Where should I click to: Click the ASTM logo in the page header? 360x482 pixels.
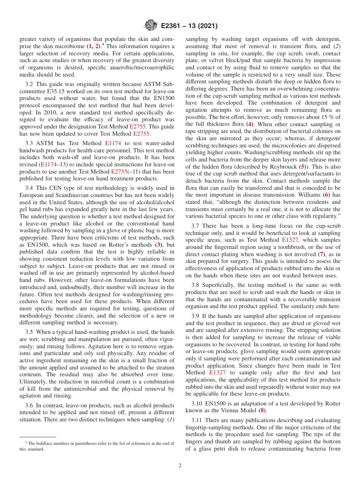point(150,26)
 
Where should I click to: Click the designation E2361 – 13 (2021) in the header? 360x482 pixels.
point(189,26)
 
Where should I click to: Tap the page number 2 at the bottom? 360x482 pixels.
point(180,465)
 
